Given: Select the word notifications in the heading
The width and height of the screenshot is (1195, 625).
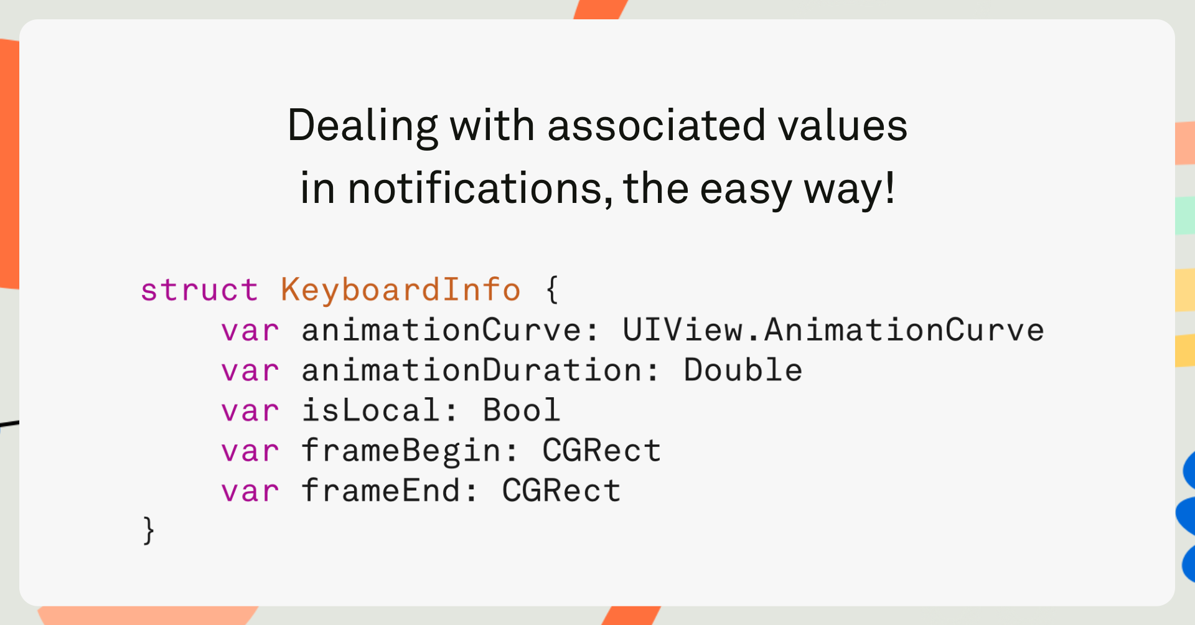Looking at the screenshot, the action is pyautogui.click(x=475, y=188).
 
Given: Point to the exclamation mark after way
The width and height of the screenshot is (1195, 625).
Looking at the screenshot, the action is pyautogui.click(x=890, y=187).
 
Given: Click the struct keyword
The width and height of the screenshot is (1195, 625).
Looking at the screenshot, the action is pyautogui.click(x=199, y=290).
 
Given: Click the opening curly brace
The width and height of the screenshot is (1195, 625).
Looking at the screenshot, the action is pyautogui.click(x=552, y=290).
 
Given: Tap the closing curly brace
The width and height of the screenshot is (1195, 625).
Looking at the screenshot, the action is pyautogui.click(x=149, y=530).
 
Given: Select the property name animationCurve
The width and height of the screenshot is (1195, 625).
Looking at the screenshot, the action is pyautogui.click(x=441, y=330).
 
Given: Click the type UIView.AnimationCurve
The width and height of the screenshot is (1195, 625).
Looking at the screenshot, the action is pyautogui.click(x=833, y=330).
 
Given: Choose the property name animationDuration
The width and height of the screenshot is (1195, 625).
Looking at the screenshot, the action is pyautogui.click(x=472, y=370).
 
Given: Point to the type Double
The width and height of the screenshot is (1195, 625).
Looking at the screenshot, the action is pyautogui.click(x=743, y=370).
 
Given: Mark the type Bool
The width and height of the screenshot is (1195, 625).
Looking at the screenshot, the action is pyautogui.click(x=522, y=410).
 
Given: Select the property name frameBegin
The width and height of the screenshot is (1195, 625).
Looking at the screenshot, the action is pyautogui.click(x=401, y=451).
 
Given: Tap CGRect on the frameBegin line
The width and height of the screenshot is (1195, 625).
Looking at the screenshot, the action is pyautogui.click(x=601, y=451).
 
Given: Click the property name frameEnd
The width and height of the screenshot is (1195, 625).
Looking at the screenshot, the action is pyautogui.click(x=381, y=491).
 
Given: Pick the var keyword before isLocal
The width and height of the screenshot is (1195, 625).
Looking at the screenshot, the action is pyautogui.click(x=250, y=411).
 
